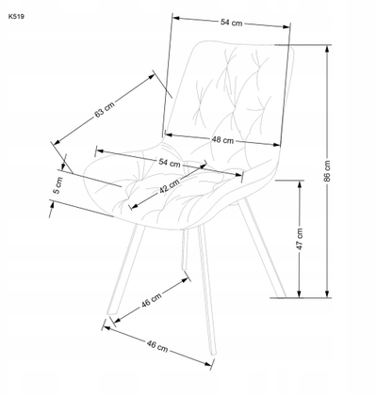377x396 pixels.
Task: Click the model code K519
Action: coord(16,17)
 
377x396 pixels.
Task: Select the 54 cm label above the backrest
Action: coord(231,23)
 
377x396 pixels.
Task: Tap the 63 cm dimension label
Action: coord(105,109)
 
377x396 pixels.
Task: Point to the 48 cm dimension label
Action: coord(222,140)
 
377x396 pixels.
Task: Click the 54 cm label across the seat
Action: coord(170,163)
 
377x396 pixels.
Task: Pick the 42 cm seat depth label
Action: coord(170,186)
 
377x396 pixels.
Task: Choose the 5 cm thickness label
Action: coord(58,185)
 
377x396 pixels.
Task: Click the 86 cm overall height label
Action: coord(327,171)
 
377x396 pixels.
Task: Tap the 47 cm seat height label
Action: coord(300,239)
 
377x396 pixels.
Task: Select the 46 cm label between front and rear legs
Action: coord(152,300)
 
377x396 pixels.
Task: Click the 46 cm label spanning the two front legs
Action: coord(157,346)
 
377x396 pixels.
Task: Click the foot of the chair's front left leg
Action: coord(111,313)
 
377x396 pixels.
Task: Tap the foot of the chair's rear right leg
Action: coord(282,295)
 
